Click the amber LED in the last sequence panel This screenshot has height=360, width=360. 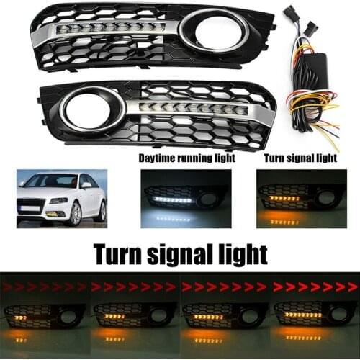pos(302,315)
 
